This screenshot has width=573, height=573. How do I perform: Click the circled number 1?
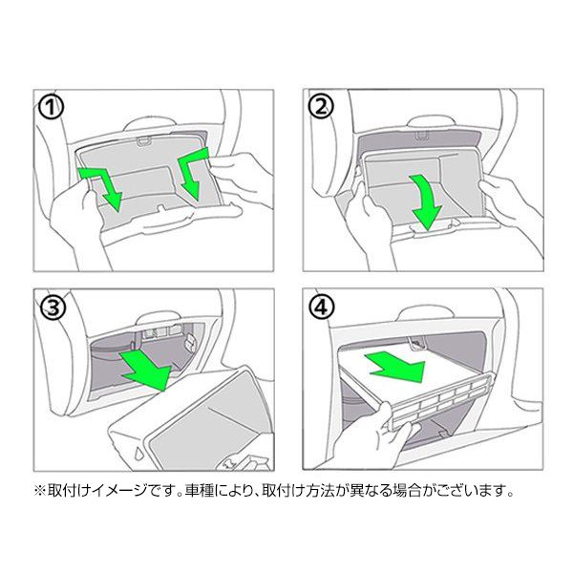[x=51, y=108]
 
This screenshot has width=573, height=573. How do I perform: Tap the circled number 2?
[x=321, y=107]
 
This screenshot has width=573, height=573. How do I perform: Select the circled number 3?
[x=53, y=308]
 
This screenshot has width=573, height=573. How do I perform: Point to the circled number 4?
[x=322, y=307]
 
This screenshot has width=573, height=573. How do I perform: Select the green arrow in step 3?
[x=146, y=369]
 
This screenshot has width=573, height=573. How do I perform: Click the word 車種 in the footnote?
[x=200, y=491]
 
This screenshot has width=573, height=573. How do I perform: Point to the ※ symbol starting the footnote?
[x=39, y=491]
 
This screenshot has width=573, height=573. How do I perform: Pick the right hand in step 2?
[x=510, y=204]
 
